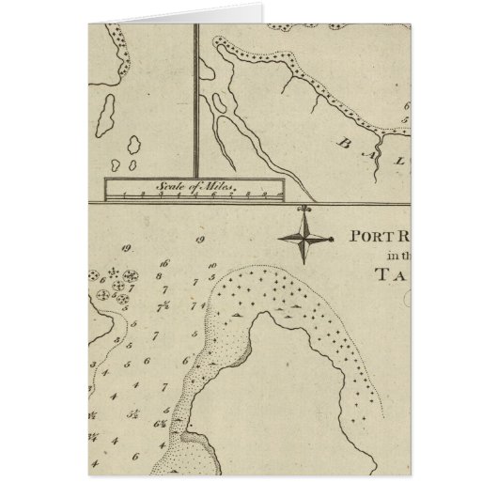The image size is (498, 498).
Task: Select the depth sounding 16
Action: point(164,264)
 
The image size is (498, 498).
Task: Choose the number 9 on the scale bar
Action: point(264,195)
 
